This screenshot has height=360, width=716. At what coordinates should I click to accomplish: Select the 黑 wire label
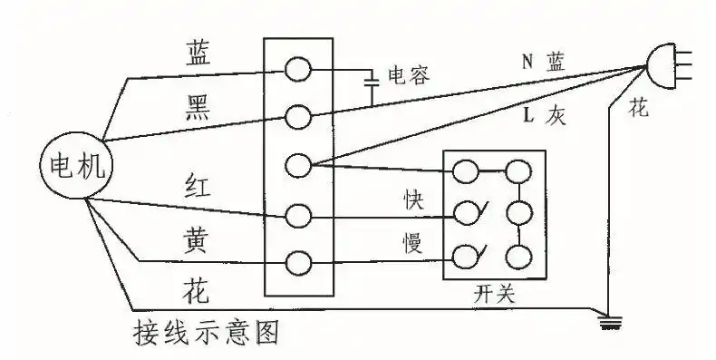(x=198, y=107)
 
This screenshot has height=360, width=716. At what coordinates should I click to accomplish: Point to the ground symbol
(x=605, y=319)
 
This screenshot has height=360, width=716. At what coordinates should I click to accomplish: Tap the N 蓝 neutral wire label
(x=543, y=62)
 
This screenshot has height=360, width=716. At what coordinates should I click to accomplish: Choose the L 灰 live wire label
(x=544, y=117)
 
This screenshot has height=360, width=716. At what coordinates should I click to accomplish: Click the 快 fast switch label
(x=413, y=199)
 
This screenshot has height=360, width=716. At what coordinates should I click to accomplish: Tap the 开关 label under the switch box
(x=494, y=296)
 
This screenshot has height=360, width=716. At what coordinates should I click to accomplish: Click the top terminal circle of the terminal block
(x=297, y=69)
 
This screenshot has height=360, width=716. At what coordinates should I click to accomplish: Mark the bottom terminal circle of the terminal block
(x=297, y=263)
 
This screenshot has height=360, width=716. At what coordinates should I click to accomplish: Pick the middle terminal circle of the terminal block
(x=297, y=166)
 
